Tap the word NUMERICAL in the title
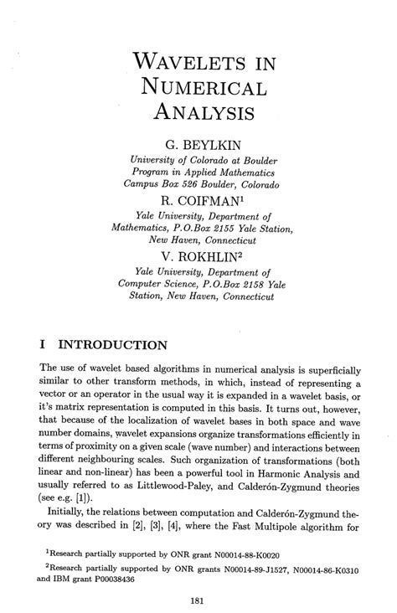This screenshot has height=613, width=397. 204,86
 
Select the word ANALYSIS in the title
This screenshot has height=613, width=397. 207,111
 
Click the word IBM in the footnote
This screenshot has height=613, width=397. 64,580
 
